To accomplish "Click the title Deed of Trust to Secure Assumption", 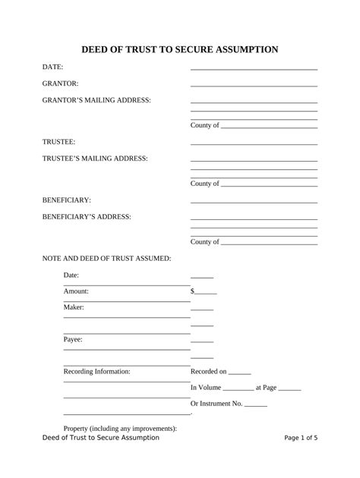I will point(180,49).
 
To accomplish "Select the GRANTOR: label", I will point(61,83).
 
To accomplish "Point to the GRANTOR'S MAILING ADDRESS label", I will point(96,100).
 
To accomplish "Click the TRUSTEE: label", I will point(59,142).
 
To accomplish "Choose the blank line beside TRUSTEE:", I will point(254,143).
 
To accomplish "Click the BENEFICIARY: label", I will point(67,200).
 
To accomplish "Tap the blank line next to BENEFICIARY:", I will point(254,202).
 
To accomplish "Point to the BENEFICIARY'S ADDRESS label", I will point(87,217).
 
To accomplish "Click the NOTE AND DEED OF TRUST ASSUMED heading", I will point(106,259).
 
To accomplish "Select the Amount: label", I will point(76,291).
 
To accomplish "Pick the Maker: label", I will point(74,307).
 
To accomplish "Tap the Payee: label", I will point(73,340).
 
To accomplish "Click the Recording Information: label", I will point(96,372).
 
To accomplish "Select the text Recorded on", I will point(208,372).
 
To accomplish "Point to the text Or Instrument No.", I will point(216,404).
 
